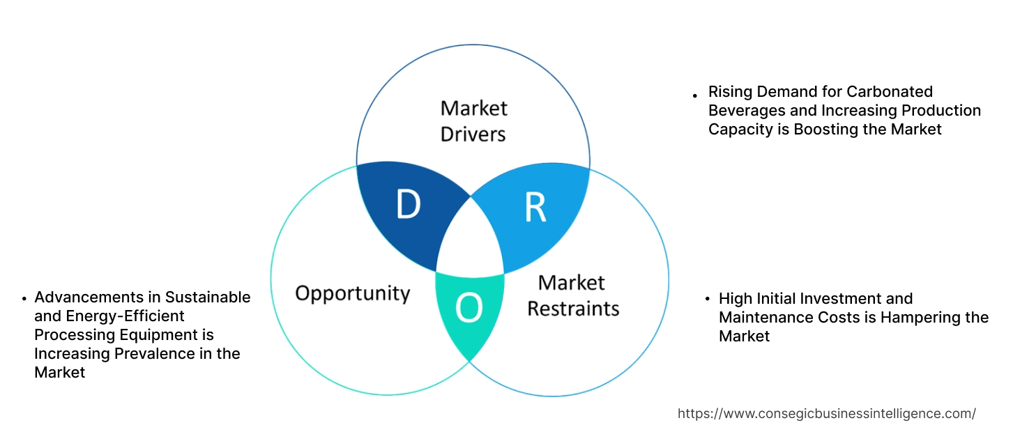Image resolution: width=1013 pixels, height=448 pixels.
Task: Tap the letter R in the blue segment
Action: point(535,208)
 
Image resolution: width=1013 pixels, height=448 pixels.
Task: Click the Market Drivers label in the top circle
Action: point(473,121)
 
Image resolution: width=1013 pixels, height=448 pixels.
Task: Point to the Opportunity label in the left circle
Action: point(352,293)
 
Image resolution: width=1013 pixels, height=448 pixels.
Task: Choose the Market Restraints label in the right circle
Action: point(572,295)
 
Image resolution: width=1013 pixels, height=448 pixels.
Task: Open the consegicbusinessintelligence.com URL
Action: point(826,413)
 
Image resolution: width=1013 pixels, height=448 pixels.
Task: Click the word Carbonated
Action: point(889,92)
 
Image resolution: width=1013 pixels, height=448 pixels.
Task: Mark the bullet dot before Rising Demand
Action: point(694,94)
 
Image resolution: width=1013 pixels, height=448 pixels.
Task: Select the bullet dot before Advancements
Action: point(24,299)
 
